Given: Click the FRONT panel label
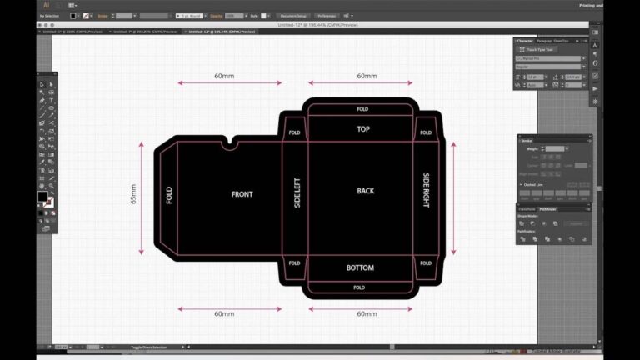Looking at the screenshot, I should coord(242,194).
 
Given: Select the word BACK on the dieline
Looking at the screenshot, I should coord(366,191).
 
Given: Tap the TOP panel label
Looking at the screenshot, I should coord(363,129).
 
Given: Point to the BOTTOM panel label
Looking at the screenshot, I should coord(360,267).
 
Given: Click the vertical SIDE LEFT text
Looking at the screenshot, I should coord(297,192).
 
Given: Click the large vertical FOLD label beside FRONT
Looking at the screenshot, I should coord(169,195).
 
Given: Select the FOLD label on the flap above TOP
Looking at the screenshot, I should coord(362,109).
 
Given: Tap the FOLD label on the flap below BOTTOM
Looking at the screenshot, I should coord(359,287).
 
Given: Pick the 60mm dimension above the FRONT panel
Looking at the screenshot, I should coord(224,76).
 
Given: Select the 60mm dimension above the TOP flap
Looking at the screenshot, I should coord(367,76).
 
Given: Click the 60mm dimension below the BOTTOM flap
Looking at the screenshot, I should coord(367,314).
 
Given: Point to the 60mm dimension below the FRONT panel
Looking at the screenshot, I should coord(224,314).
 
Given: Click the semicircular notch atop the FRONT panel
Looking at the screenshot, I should coord(229,144).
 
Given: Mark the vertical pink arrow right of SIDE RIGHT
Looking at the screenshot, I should coord(453,198).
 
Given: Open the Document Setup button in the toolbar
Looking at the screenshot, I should coord(293,16).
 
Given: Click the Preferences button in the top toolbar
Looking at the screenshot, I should coord(326,16).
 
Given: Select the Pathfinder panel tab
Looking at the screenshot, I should coord(547,209).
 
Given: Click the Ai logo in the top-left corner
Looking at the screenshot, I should coord(47,5).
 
